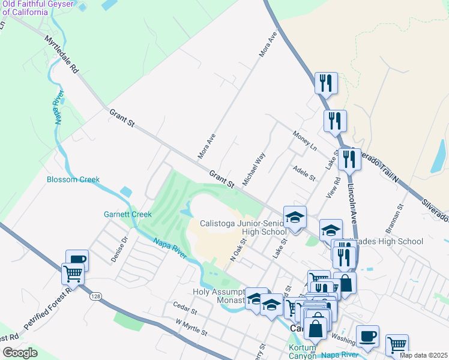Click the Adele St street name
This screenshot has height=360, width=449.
coord(304,173)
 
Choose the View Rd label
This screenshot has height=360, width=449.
coord(334,187)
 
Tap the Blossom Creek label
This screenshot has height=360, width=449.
coord(73,179)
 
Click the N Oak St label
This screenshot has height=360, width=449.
coord(239,250)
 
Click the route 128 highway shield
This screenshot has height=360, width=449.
coord(95,296)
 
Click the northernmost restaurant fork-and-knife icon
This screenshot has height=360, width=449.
coord(326,83)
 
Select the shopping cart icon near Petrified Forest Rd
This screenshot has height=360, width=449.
coord(73,274)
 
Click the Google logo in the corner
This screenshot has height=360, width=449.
coord(20,353)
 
